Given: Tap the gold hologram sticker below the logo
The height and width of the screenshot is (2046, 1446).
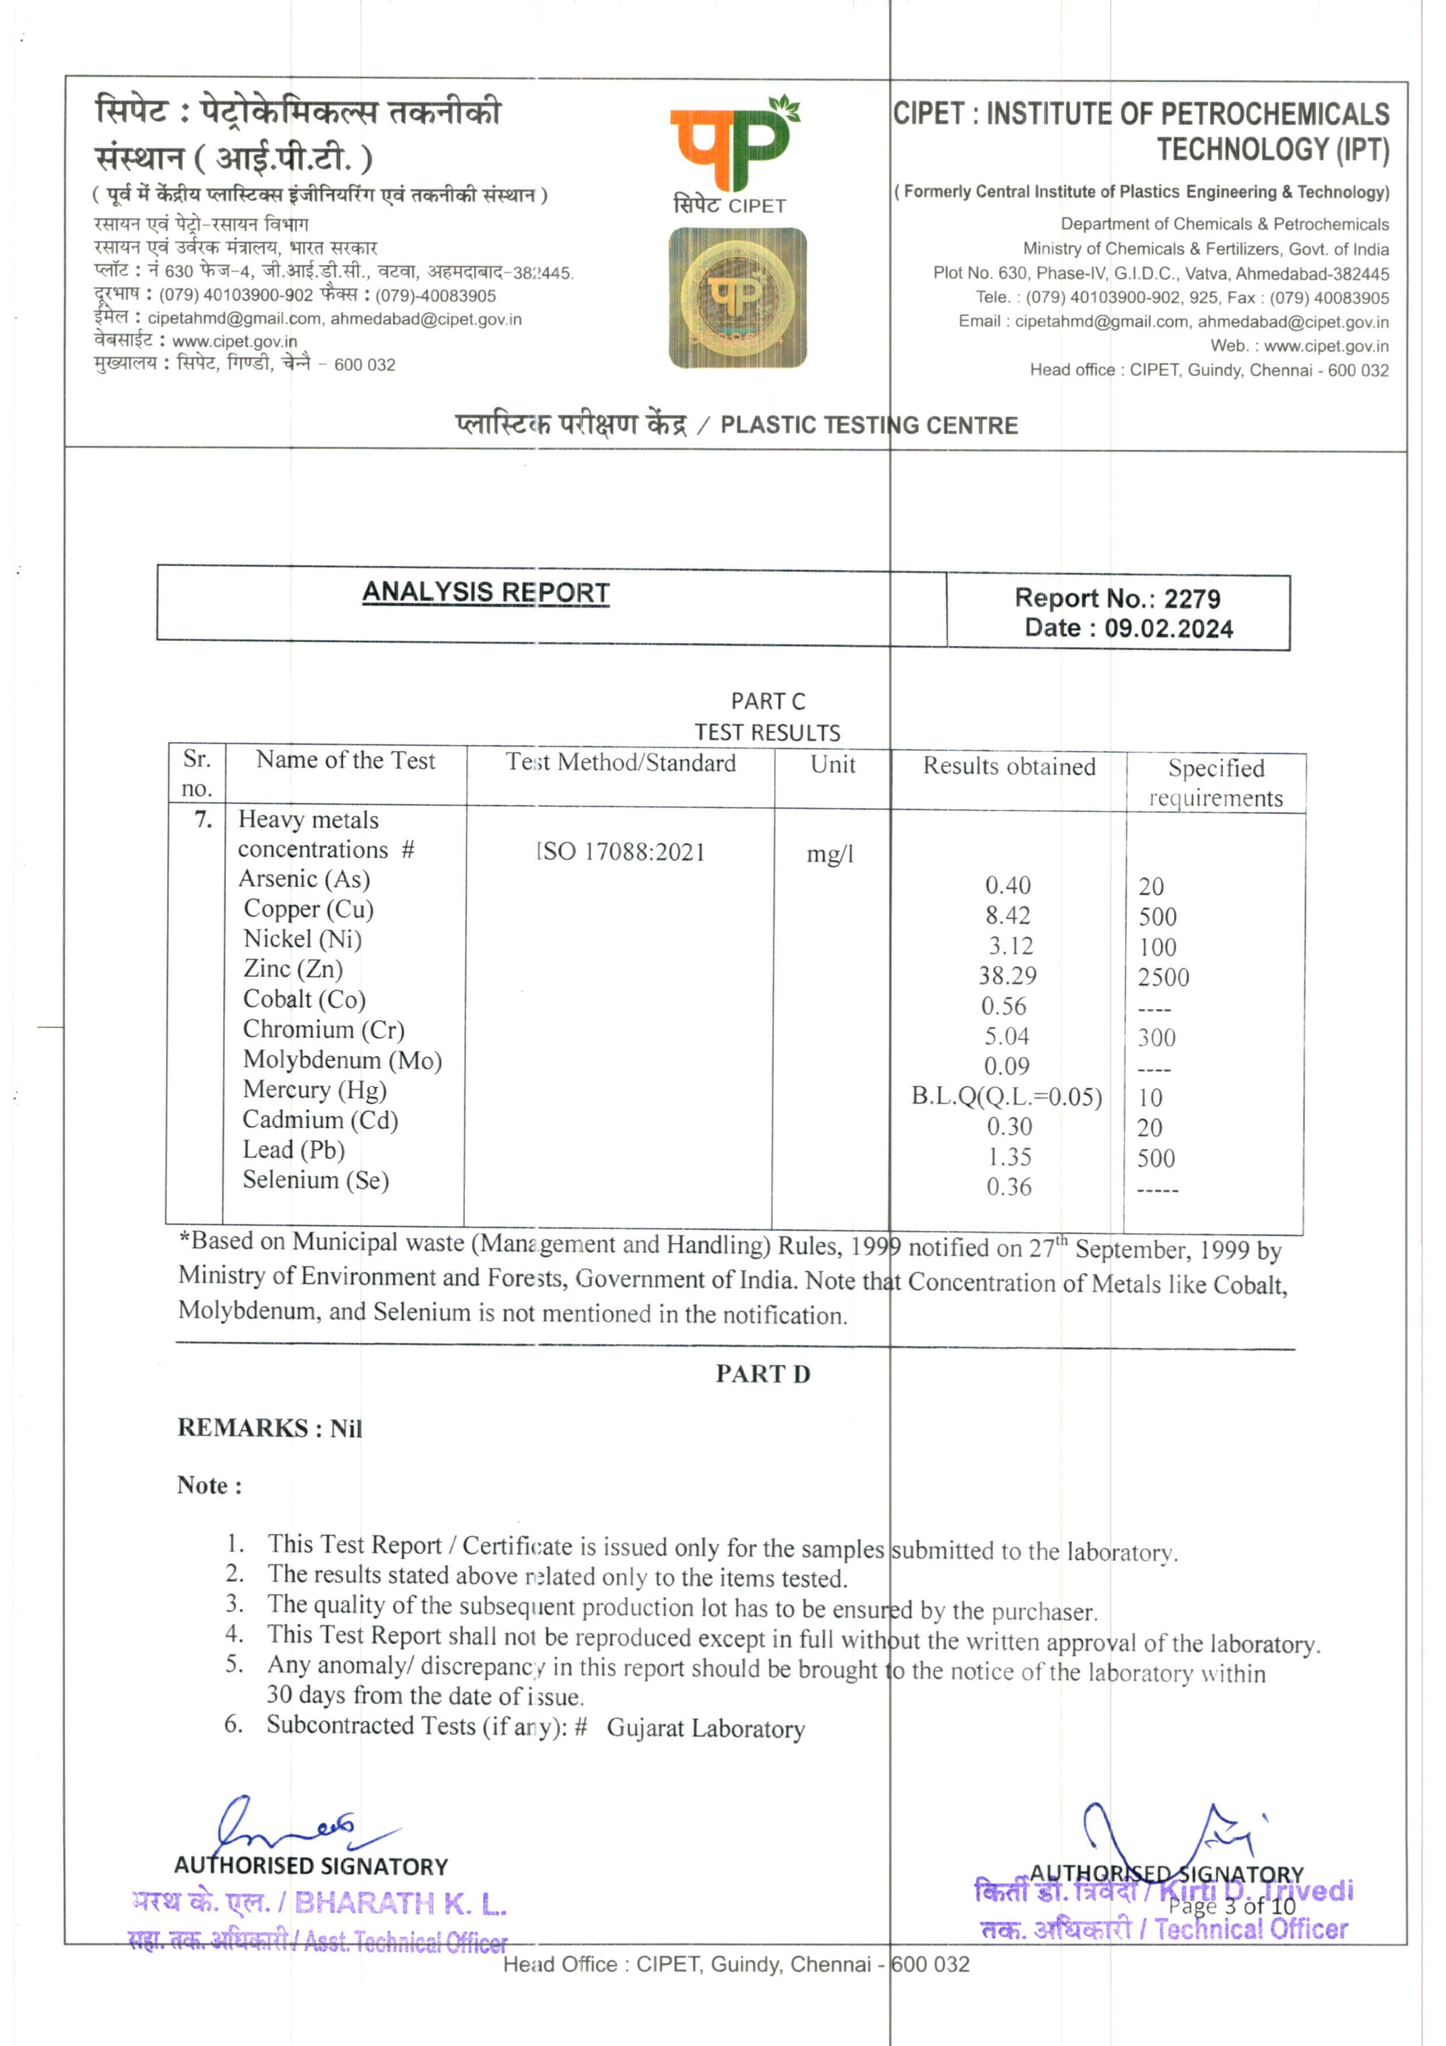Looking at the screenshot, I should (738, 297).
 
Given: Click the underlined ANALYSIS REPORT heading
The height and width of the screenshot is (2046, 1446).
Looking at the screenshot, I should (486, 592).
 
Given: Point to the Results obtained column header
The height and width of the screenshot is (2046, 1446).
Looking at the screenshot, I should (1009, 766).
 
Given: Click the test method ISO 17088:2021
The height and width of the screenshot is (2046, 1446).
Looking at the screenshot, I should (620, 852).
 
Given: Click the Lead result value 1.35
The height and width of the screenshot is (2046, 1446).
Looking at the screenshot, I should (1009, 1157).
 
